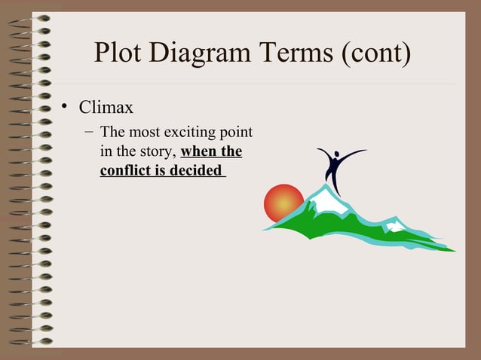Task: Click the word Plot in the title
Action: [119, 53]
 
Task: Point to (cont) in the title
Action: [375, 53]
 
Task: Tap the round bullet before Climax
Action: [66, 108]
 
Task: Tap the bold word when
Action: [200, 152]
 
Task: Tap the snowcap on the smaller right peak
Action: [394, 225]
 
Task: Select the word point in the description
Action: [235, 134]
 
